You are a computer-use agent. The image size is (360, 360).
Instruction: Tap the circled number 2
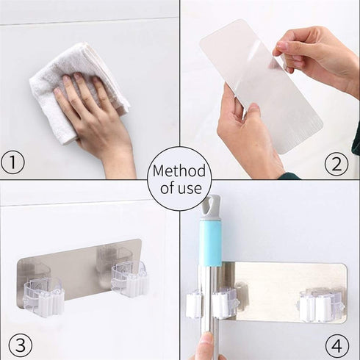point(336,163)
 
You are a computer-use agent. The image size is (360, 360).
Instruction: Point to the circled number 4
point(336,345)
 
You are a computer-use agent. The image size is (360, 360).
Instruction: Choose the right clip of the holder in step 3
point(129,279)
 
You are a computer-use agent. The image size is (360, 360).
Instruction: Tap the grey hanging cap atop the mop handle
point(211,206)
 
